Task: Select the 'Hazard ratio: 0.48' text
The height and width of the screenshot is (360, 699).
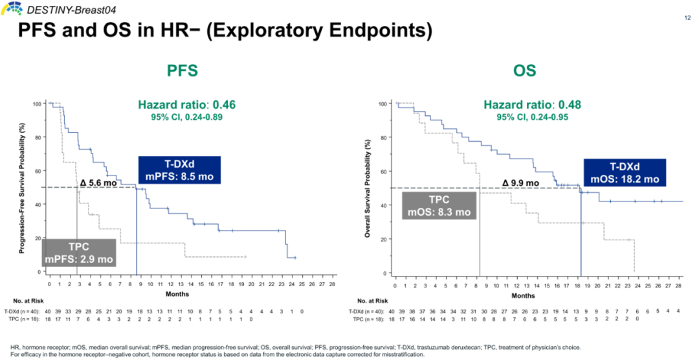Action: pyautogui.click(x=528, y=106)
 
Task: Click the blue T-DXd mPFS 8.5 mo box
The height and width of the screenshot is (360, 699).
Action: pyautogui.click(x=179, y=171)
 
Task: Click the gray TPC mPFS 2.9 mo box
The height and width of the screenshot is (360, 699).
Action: pyautogui.click(x=79, y=253)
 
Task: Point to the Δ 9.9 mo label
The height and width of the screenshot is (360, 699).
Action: pyautogui.click(x=521, y=183)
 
